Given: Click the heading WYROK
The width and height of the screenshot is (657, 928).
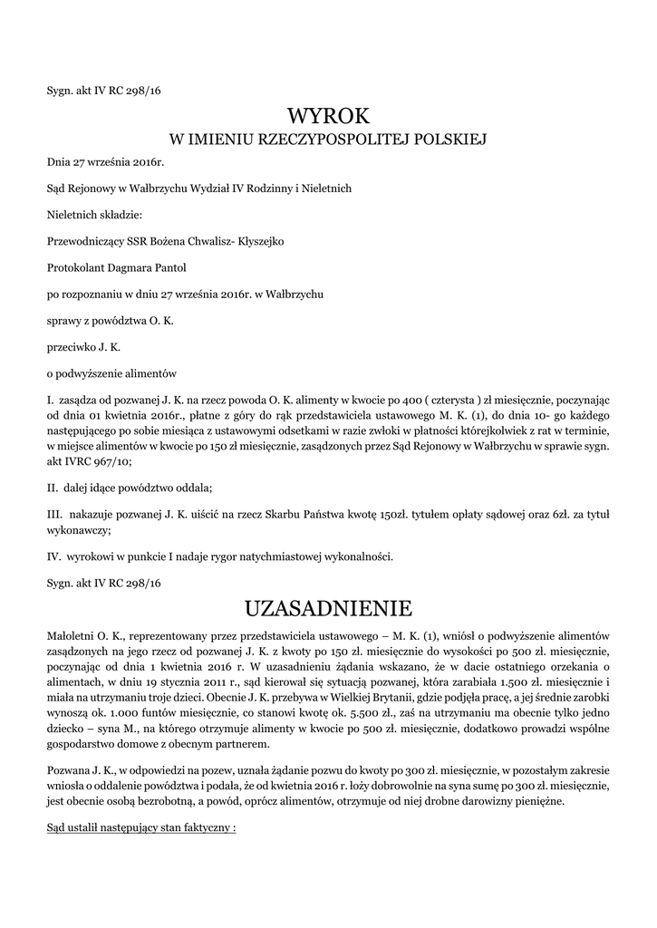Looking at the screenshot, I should (329, 116).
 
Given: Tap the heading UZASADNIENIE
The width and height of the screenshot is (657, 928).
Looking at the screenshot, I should (329, 606).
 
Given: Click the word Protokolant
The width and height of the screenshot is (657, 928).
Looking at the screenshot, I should (78, 267).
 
